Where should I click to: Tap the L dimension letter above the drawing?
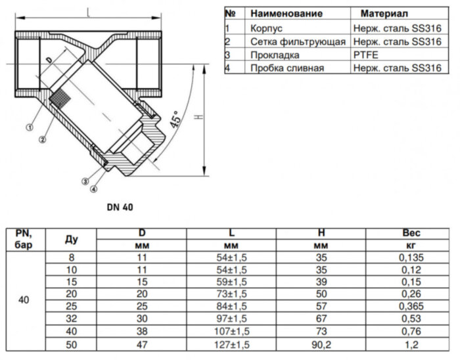[x=87, y=11]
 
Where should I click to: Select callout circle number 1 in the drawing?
[x=30, y=128]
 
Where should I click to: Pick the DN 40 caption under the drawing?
[x=120, y=206]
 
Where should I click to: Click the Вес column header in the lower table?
[x=411, y=233]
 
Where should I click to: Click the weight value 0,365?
[x=411, y=307]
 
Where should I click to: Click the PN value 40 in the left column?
[x=24, y=300]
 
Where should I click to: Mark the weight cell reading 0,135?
[x=411, y=258]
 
